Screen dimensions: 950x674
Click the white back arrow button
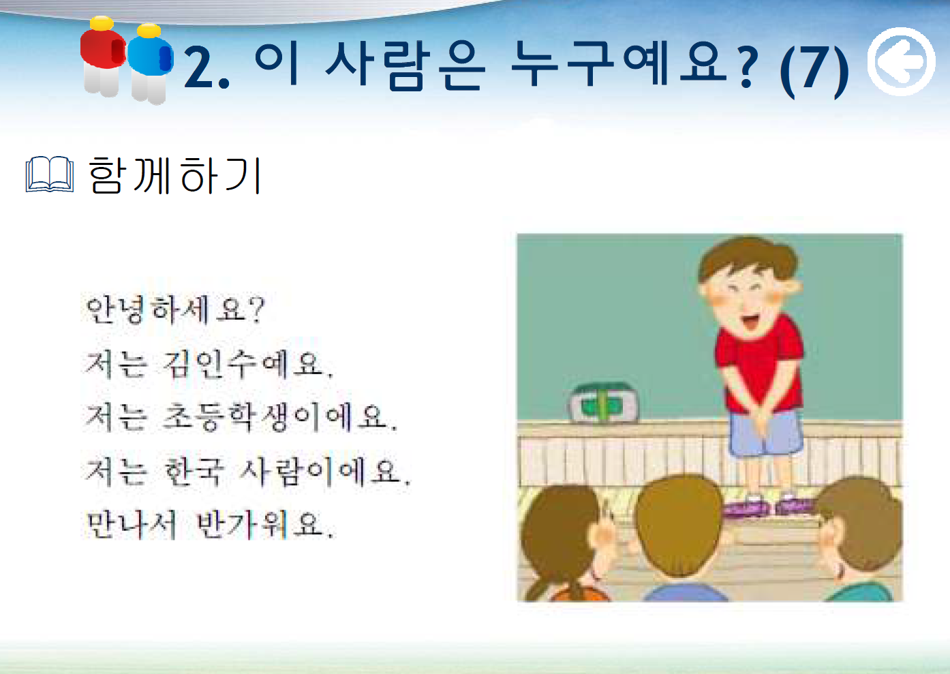pos(901,62)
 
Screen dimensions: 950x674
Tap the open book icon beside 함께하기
pos(50,174)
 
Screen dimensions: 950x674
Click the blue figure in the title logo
pos(150,63)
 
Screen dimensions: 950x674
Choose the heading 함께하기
pos(174,175)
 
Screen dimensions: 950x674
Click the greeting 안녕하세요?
pos(174,309)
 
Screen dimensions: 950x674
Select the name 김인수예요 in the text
pos(247,364)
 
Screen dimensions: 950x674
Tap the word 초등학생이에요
pos(280,417)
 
